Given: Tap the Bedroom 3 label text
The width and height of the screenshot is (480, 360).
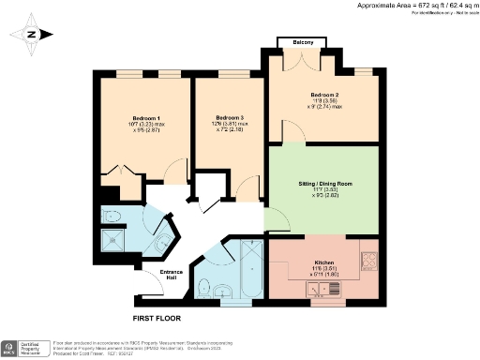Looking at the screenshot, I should pyautogui.click(x=230, y=117).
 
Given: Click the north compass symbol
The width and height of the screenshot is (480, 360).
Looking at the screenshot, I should pyautogui.click(x=31, y=36).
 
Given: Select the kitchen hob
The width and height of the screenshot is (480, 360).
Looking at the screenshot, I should pyautogui.click(x=367, y=260).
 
